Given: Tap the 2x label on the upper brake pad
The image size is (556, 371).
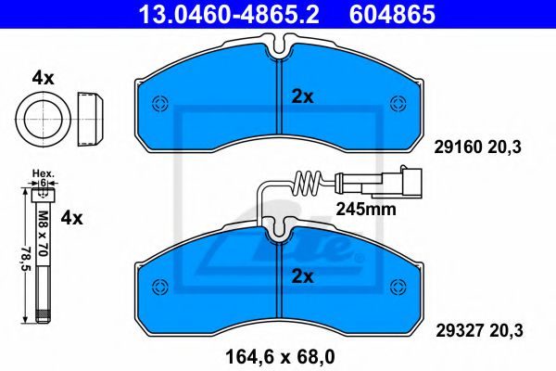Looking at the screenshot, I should coord(303,96).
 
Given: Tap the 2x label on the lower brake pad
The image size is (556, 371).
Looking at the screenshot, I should coord(303,275).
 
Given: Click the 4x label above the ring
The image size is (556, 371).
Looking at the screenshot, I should coord(43,78).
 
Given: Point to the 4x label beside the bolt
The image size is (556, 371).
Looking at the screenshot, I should coord(71,219).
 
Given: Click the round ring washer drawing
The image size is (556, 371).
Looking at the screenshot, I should coord(42,118).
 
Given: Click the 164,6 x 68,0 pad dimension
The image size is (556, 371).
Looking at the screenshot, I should coord(279,352).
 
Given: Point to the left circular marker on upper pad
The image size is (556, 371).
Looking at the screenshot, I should coord(158,102).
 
